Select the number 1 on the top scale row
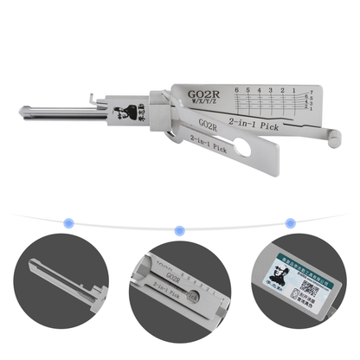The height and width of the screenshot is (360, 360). pyautogui.click(x=294, y=89)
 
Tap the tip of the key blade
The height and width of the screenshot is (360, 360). pyautogui.click(x=22, y=112)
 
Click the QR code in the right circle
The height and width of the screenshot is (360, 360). pyautogui.click(x=310, y=286)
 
